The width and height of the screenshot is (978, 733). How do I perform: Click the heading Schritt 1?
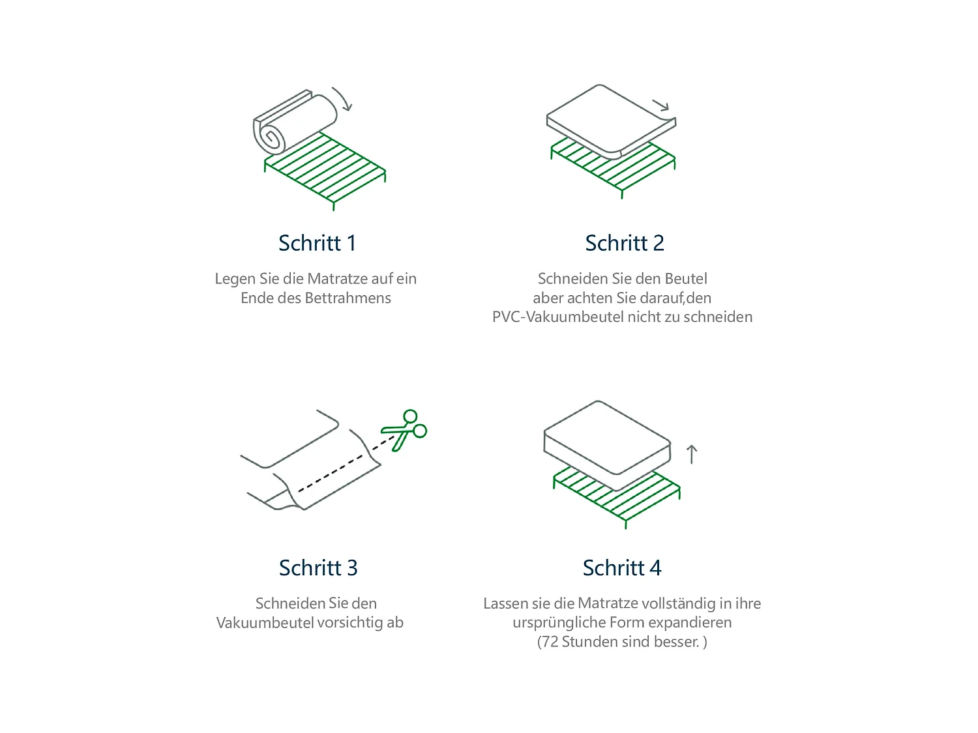(x=317, y=243)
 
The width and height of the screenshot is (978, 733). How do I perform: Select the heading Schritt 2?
(x=624, y=243)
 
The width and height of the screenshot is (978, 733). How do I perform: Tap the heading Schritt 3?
(x=318, y=568)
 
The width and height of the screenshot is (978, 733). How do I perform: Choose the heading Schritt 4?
(x=621, y=568)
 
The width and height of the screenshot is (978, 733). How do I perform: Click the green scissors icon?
(x=406, y=430)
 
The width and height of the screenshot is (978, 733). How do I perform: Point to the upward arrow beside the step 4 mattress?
(x=692, y=454)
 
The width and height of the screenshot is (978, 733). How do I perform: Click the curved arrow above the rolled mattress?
(x=342, y=98)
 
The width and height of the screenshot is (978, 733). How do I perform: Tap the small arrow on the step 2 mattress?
(x=661, y=105)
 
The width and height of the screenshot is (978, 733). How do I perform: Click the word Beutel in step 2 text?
(x=686, y=279)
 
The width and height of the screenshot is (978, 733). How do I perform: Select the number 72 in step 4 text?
(x=550, y=642)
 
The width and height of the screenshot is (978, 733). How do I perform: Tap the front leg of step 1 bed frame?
(x=334, y=205)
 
